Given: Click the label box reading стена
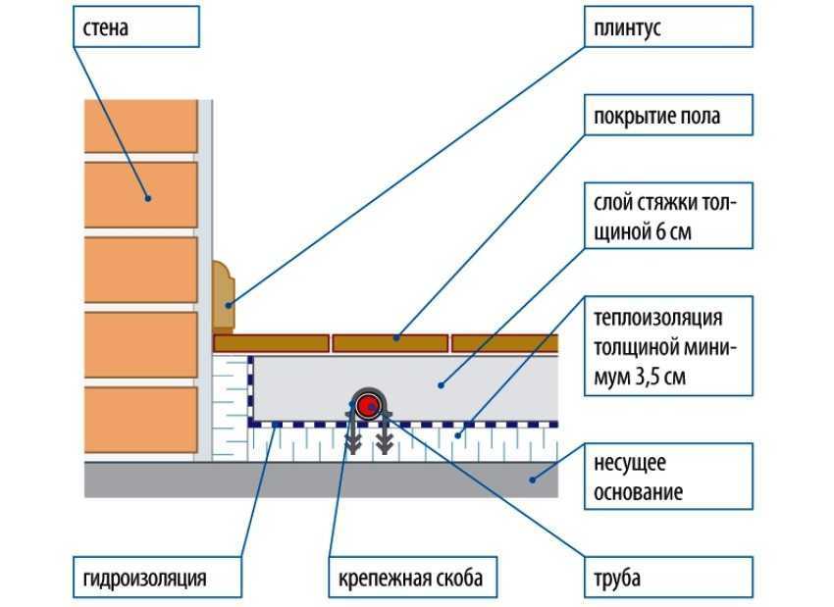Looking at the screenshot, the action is (x=136, y=27).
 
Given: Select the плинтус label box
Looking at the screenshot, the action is (x=668, y=27).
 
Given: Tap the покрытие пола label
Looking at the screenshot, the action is (x=668, y=116).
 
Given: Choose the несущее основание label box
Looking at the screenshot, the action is (x=668, y=477).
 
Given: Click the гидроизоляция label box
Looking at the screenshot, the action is (x=157, y=578).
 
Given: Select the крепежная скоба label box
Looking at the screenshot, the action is (x=413, y=578).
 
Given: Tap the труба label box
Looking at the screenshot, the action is (x=668, y=578).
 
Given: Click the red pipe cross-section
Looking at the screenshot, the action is (x=367, y=406).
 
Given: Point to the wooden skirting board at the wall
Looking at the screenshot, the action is (x=224, y=296).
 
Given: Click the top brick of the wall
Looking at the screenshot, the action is (x=141, y=126).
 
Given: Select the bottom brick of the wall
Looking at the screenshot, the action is (x=141, y=420).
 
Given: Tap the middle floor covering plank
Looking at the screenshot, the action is (x=390, y=343).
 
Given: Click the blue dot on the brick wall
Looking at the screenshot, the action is (x=148, y=198).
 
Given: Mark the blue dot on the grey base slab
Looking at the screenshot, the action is (x=532, y=480).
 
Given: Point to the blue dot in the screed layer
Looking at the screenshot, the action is (x=441, y=384).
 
